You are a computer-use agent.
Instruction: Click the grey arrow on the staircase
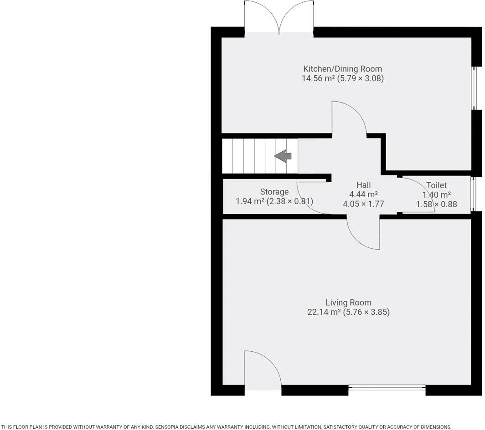283,156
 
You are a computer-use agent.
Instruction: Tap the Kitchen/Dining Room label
342,69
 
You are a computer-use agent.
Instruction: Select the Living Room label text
348,302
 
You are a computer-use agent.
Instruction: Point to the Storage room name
274,192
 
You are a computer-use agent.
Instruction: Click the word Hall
363,185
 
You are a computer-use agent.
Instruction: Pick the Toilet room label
436,185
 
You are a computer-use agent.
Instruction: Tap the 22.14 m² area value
324,312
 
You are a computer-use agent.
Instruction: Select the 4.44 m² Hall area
363,195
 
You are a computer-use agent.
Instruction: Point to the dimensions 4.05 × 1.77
363,204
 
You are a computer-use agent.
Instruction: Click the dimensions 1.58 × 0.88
436,205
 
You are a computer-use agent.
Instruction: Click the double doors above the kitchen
279,17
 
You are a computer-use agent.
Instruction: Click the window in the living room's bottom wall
387,388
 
